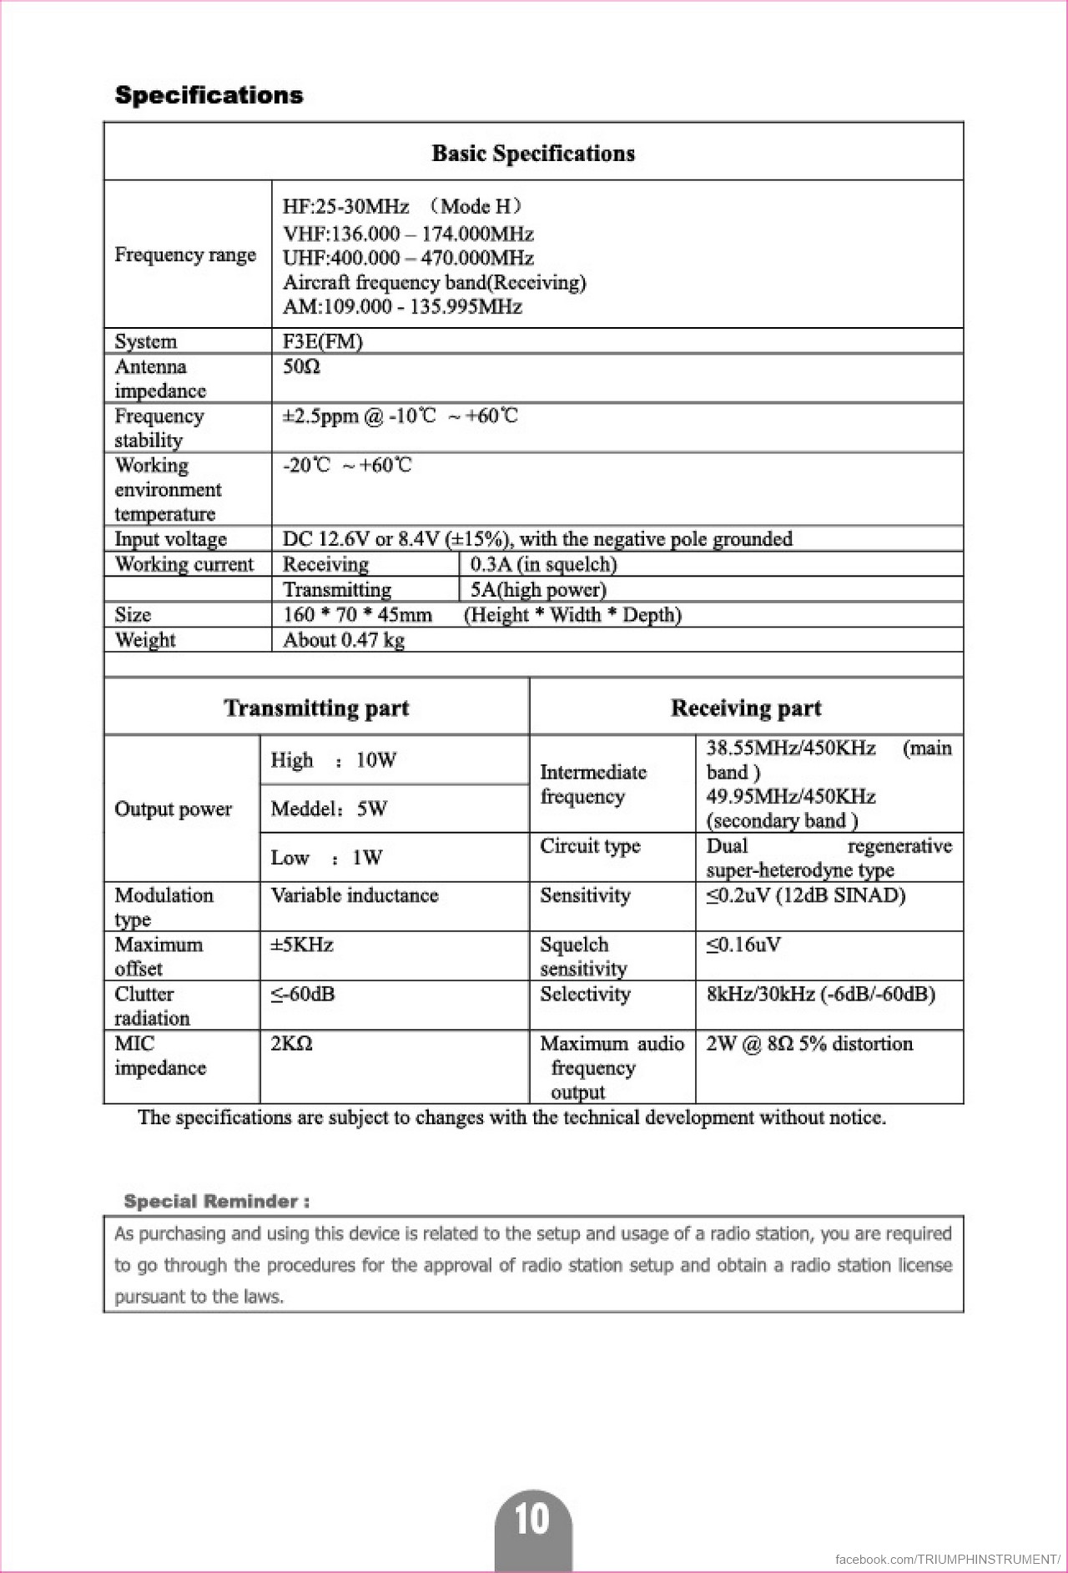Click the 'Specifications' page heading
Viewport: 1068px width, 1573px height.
[209, 95]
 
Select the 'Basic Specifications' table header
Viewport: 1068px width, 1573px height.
[533, 154]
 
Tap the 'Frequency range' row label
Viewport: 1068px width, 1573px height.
[185, 255]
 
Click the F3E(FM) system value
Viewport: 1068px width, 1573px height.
[323, 341]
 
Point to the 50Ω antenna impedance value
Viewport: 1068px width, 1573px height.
[301, 367]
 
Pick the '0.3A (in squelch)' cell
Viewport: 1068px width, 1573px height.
[543, 565]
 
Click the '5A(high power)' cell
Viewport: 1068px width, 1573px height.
[538, 590]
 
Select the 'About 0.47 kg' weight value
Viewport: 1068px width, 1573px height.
[344, 640]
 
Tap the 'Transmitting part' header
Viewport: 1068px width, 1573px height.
[316, 708]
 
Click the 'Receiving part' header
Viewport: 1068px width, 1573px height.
[746, 708]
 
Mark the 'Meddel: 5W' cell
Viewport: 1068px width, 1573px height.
[329, 809]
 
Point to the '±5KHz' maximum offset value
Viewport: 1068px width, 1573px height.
[302, 945]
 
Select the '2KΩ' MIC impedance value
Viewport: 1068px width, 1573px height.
[291, 1044]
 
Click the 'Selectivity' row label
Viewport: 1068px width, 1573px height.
[585, 995]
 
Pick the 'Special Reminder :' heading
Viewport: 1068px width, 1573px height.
[217, 1202]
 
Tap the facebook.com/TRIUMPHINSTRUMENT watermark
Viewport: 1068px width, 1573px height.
[947, 1559]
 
